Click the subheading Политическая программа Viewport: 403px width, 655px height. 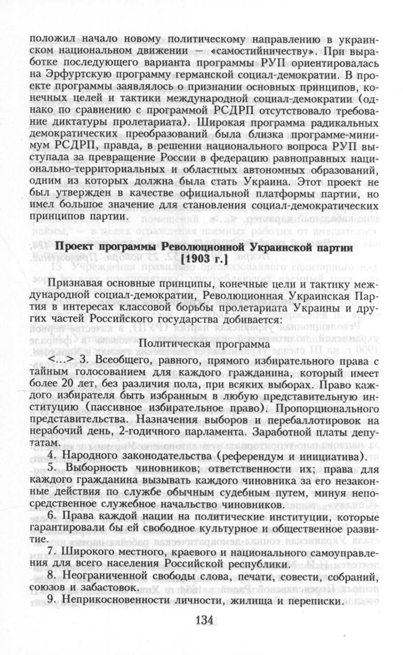coord(205,344)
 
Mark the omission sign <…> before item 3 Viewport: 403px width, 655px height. coord(61,359)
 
